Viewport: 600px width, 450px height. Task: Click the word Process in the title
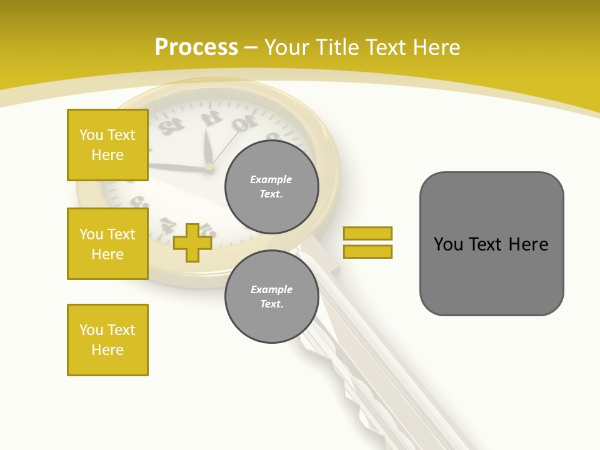[x=196, y=47]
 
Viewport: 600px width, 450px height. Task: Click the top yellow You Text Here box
[x=107, y=145]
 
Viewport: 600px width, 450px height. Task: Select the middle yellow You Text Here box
[x=107, y=244]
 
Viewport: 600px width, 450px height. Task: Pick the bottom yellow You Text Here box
[x=107, y=339]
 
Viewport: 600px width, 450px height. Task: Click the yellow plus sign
[x=192, y=242]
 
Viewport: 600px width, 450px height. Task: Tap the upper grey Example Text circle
[x=271, y=186]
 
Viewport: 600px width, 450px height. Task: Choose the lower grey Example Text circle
[x=271, y=296]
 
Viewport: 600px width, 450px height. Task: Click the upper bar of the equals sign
[x=367, y=233]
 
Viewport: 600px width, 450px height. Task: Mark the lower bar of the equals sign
[x=367, y=251]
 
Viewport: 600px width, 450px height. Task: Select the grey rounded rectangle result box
[x=491, y=244]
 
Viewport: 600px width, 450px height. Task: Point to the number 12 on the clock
[x=172, y=126]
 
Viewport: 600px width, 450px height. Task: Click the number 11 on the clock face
[x=211, y=117]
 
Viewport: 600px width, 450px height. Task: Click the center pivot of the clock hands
[x=209, y=167]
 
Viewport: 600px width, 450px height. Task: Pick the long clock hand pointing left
[x=178, y=166]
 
